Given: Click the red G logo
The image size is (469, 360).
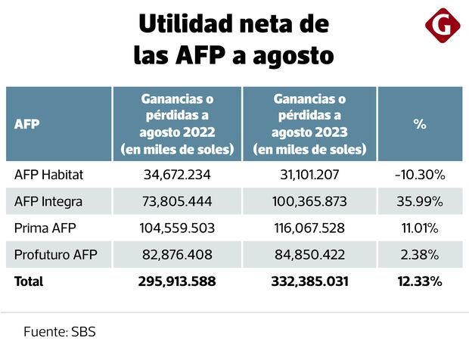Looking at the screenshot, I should (443, 27).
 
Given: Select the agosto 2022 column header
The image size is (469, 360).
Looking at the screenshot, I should (177, 124).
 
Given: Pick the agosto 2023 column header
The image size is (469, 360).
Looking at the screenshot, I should (309, 124).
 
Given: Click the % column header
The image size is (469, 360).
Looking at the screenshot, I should (420, 124).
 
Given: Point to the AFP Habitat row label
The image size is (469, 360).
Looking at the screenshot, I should (49, 175).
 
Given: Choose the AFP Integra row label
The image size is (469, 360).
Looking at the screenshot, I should (48, 201).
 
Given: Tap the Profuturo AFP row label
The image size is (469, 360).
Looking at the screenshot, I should (55, 254).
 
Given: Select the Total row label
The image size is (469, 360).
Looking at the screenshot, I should (29, 281).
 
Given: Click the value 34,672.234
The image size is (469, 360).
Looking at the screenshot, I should (177, 175).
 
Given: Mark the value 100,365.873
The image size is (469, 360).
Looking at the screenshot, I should (309, 201).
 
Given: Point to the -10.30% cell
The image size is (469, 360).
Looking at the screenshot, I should (420, 175).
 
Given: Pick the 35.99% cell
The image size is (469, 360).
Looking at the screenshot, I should (420, 201).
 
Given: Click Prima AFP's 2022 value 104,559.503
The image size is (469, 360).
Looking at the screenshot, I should (177, 228).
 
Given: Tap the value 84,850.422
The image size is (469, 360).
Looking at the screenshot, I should (309, 254).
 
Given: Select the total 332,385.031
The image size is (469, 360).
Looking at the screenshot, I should (309, 281).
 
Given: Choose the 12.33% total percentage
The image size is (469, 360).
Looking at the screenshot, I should (420, 281).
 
